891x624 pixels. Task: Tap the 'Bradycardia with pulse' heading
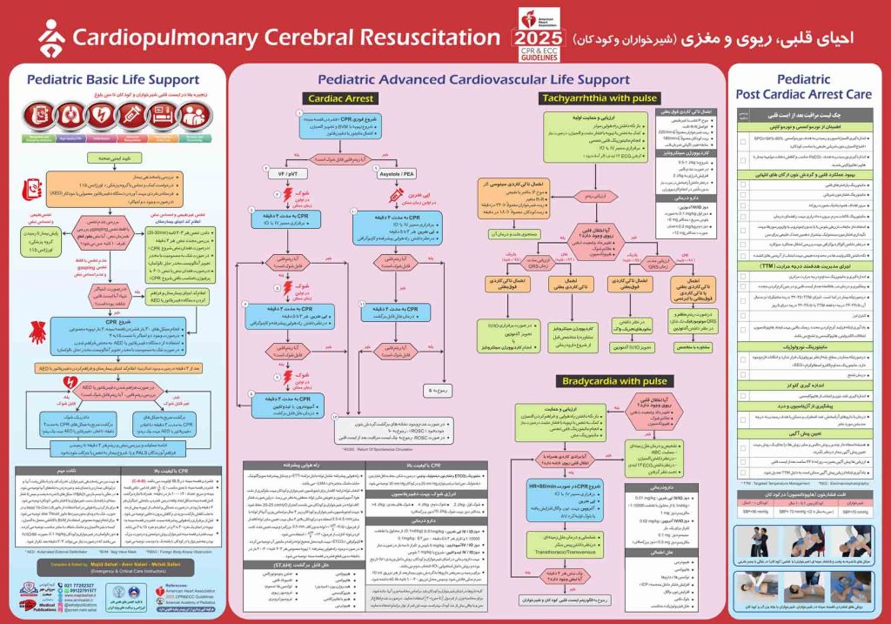(608, 381)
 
